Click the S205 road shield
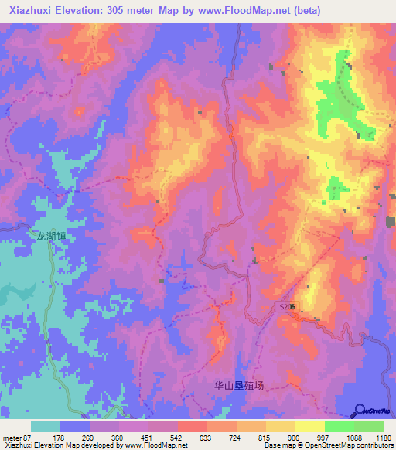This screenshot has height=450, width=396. point(287,307)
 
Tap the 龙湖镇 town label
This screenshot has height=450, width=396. point(51,237)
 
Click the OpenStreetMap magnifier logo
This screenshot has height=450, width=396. point(359,410)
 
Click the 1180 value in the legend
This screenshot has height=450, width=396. point(383,438)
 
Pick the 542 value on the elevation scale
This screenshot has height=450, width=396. point(177,438)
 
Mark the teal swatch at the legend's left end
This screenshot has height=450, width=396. point(46,426)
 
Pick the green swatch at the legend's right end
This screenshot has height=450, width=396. point(368,426)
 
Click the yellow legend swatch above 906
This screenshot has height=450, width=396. point(280,426)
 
